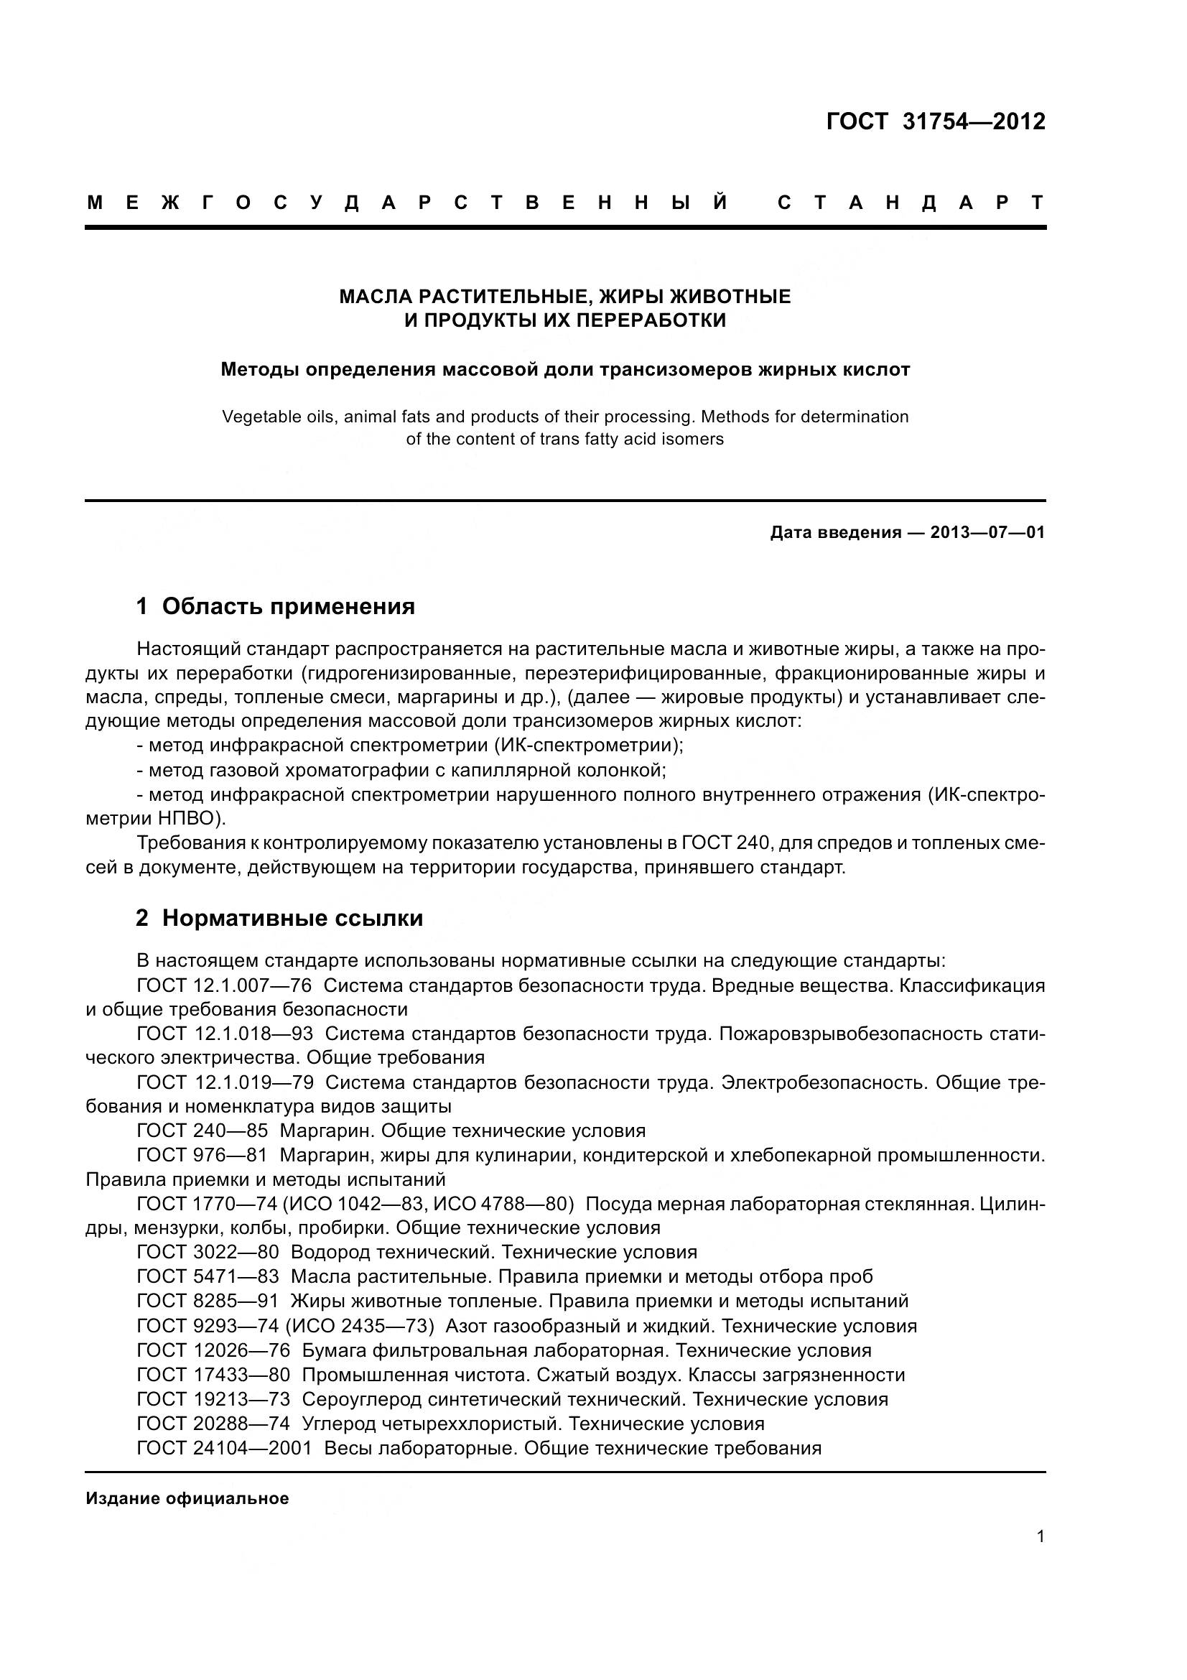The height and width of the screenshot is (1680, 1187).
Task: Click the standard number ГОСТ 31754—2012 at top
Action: pos(936,121)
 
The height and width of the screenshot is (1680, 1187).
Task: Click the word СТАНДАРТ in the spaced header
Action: pos(911,203)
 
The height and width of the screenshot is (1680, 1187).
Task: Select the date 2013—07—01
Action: pos(987,533)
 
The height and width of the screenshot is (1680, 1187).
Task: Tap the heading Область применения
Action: pos(288,607)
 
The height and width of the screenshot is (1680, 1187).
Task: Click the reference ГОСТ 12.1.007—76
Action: pos(224,985)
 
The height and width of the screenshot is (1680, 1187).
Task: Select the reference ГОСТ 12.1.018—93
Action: pos(225,1034)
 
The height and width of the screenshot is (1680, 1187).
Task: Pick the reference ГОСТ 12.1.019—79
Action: pos(225,1082)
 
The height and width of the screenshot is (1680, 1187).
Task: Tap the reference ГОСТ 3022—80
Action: pos(208,1252)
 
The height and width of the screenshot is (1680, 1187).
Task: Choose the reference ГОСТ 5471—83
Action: pos(208,1277)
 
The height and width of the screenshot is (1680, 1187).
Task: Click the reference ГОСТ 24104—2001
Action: pos(224,1448)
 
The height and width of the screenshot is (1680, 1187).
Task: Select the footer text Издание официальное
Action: pos(187,1498)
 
